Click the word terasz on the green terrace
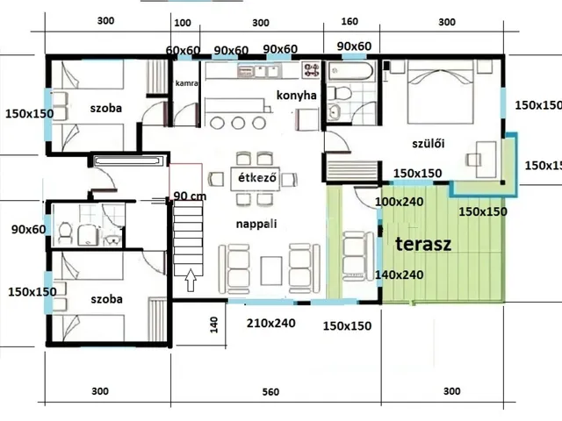click(423, 244)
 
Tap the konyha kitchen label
click(297, 96)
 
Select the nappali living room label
click(256, 225)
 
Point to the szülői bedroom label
click(429, 144)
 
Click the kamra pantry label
click(186, 83)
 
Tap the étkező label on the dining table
click(257, 177)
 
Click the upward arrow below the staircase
click(191, 280)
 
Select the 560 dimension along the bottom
click(270, 392)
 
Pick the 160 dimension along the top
click(349, 21)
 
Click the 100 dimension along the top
click(183, 23)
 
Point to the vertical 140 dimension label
click(214, 325)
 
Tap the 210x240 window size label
click(271, 324)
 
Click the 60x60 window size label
click(183, 51)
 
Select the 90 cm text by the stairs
click(190, 196)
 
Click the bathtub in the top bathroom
click(351, 71)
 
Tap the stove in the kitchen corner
click(310, 70)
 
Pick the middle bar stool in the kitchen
click(238, 123)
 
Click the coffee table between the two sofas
click(271, 271)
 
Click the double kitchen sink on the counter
click(257, 71)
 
